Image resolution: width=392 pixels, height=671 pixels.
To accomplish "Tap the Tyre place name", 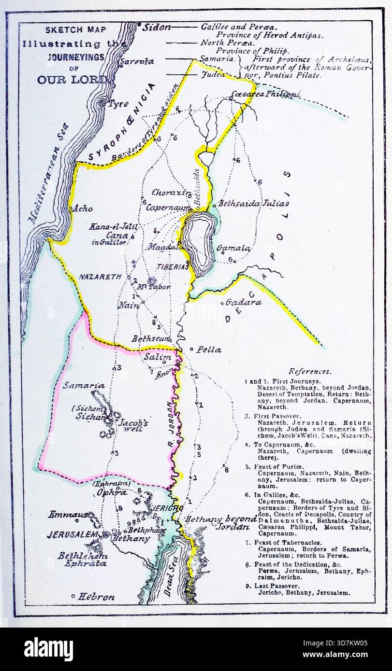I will [118, 104].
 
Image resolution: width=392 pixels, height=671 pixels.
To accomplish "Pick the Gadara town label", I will [244, 303].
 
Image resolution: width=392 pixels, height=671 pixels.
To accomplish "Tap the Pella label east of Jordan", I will [209, 349].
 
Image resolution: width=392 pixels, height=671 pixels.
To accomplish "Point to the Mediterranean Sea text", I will [49, 174].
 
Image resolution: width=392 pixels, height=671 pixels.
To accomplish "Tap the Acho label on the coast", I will [82, 209].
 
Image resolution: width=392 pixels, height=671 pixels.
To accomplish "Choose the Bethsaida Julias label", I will [254, 203].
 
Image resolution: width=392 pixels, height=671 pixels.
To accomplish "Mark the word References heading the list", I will [310, 371].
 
